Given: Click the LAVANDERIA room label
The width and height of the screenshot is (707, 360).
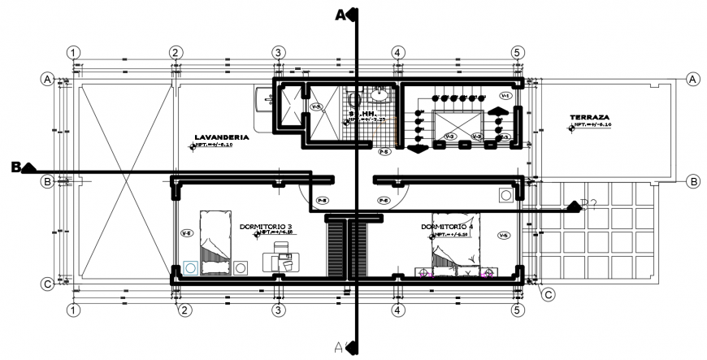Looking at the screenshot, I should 220,137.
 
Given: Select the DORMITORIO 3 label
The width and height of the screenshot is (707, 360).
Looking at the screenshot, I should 266,227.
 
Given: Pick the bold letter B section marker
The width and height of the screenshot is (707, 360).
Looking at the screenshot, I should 15,167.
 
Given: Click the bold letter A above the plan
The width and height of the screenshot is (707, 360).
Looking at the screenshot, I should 341,14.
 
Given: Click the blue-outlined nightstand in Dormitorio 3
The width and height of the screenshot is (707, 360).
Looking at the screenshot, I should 190,267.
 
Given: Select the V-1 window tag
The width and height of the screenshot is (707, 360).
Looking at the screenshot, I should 505,96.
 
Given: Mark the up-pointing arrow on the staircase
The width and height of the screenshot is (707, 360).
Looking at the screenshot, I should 496,111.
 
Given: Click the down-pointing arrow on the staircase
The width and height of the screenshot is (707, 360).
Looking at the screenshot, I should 417,150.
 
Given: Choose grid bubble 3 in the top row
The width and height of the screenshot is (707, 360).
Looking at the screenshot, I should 278,52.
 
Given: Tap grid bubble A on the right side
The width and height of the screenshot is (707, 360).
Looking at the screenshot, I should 692,79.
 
